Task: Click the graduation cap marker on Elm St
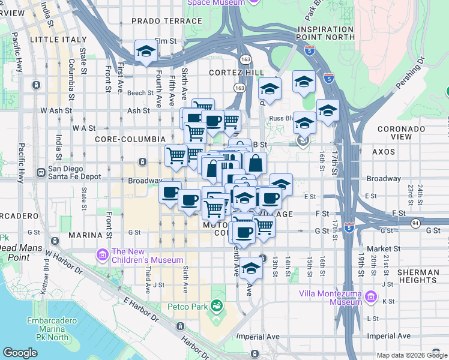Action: [146, 52]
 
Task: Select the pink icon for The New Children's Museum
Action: [102, 256]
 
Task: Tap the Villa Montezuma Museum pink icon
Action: [370, 298]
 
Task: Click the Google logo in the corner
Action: [20, 353]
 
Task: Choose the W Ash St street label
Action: [56, 111]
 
